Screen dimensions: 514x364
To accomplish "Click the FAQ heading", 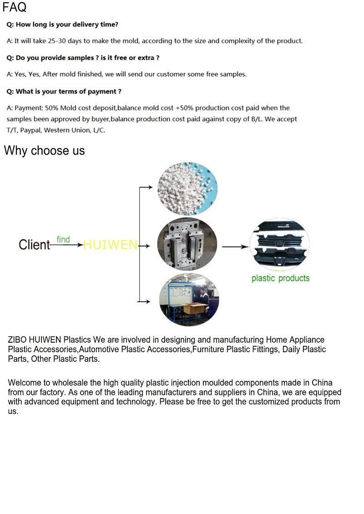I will [15, 7].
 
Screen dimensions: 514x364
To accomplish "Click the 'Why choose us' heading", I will [44, 150].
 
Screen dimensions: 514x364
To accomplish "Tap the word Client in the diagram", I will [34, 245].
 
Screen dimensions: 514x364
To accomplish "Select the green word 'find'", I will [63, 239].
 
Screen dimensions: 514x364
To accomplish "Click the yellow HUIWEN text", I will [110, 245].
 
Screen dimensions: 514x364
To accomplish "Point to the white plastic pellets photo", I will [187, 188].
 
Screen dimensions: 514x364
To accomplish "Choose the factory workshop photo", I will [189, 300].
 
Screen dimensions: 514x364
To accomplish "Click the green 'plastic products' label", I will [280, 278].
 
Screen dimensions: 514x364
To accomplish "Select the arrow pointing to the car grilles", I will [235, 247].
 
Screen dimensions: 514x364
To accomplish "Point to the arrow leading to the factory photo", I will [144, 301].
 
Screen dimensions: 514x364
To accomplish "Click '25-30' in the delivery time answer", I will [56, 41].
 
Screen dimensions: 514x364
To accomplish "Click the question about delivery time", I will [62, 25].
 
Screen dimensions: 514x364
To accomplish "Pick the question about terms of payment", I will [64, 91].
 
